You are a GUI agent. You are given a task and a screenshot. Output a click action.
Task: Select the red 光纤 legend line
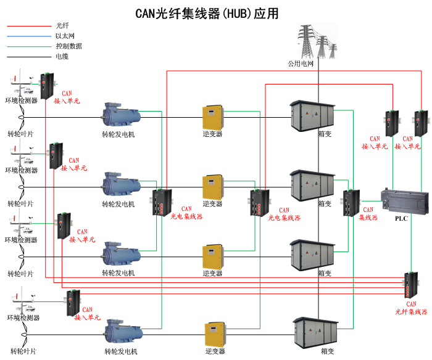click(28, 26)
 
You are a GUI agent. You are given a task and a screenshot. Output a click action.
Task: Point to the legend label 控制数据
click(69, 46)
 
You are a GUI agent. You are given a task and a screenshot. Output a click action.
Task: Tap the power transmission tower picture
click(318, 41)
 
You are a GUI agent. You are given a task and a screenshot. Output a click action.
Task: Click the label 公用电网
click(301, 63)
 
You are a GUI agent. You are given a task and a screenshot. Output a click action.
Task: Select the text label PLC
click(402, 218)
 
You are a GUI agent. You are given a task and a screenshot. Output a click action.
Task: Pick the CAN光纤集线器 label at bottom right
click(411, 308)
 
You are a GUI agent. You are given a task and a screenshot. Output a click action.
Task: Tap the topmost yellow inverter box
click(212, 117)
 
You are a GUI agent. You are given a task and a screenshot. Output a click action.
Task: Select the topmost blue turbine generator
click(121, 115)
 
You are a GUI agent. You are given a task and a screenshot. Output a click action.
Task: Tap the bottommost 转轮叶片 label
click(22, 351)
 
